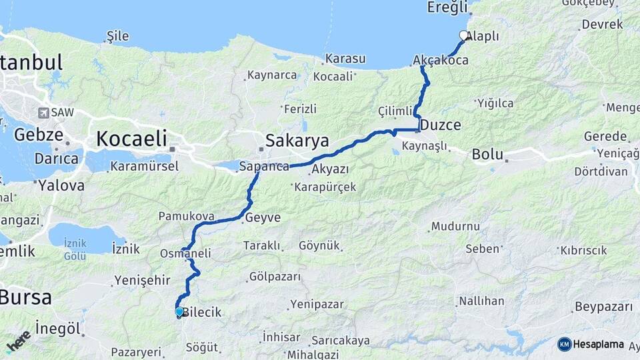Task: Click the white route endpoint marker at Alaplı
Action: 464,35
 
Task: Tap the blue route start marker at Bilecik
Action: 179,311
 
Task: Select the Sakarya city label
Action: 297,141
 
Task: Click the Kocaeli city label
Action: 131,139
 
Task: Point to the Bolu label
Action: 487,154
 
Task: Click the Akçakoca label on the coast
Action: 441,60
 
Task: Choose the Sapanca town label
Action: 264,166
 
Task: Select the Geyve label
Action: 263,218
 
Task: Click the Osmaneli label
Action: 185,253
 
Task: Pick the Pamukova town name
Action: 186,216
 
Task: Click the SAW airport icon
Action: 44,113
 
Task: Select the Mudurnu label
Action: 455,226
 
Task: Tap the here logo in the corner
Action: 18,341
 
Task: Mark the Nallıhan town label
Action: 481,301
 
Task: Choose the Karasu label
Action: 345,59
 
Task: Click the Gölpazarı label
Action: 275,276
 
